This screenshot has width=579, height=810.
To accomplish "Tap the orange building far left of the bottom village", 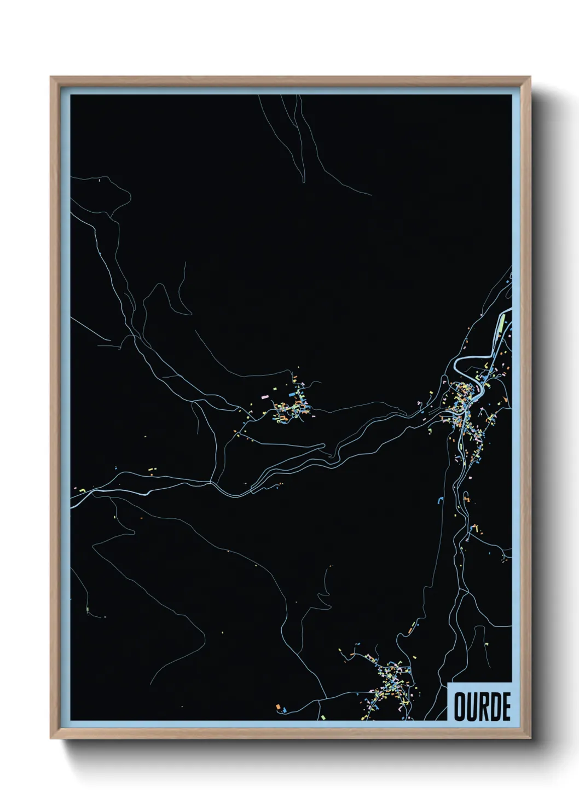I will (278, 707).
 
